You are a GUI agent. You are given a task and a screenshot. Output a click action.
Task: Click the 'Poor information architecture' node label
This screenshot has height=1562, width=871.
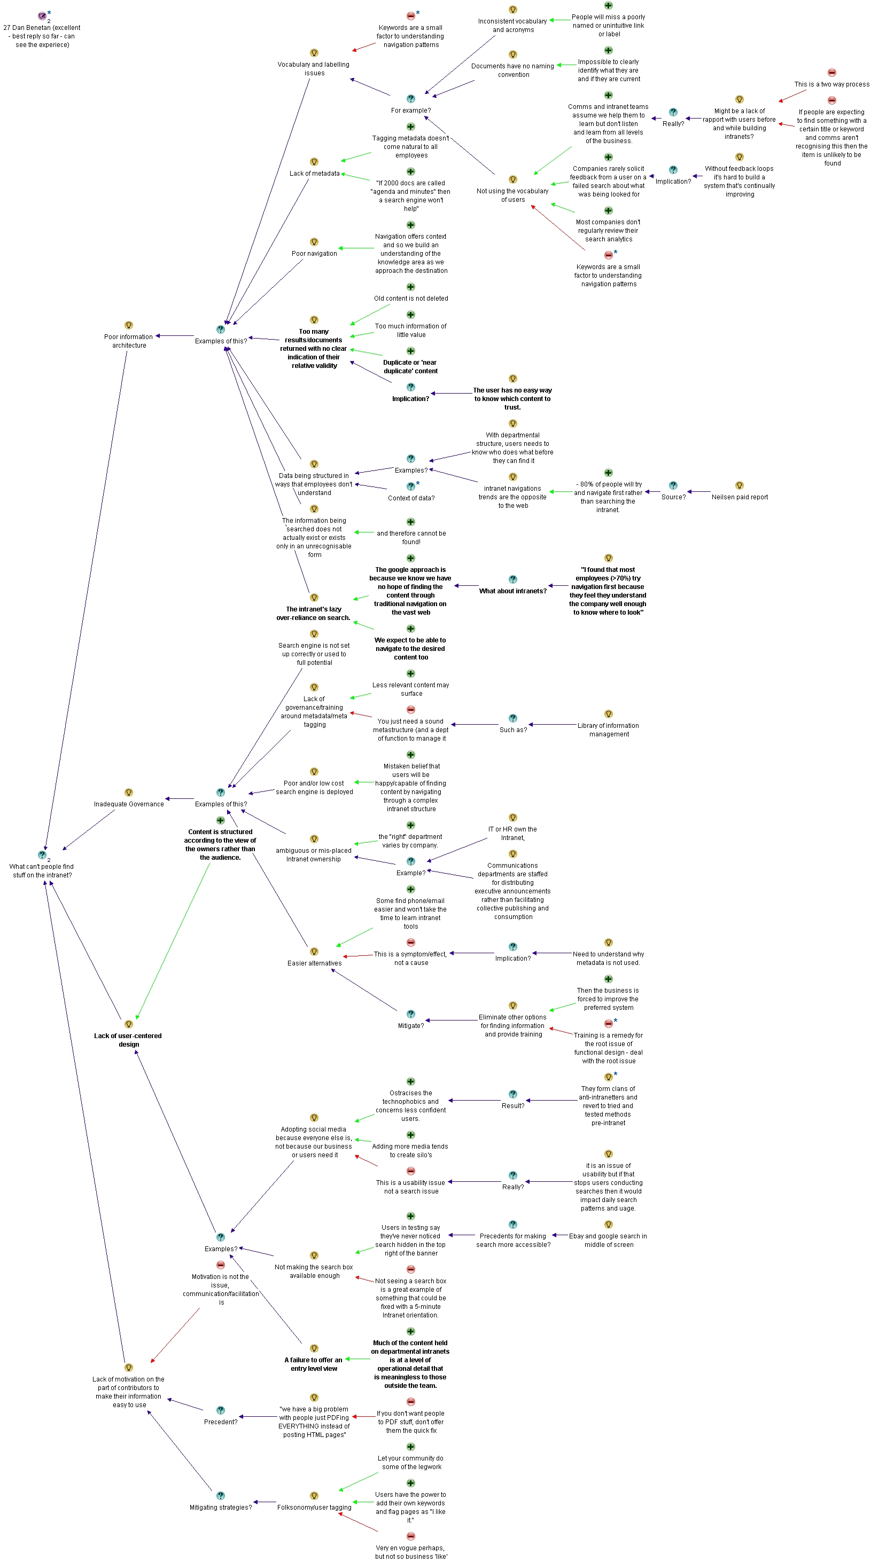point(129,341)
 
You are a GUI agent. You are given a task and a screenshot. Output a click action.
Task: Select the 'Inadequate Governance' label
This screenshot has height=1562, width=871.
point(129,804)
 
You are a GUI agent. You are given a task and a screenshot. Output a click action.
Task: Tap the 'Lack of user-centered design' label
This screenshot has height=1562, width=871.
point(128,1040)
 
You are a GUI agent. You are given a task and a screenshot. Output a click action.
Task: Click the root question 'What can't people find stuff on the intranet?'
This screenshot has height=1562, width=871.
point(42,871)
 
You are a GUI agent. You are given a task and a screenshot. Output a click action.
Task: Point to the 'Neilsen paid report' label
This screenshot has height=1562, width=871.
point(740,497)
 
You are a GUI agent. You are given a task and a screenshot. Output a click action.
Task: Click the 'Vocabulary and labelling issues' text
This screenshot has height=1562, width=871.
point(314,68)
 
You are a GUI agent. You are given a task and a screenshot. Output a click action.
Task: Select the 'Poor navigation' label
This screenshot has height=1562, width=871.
point(314,254)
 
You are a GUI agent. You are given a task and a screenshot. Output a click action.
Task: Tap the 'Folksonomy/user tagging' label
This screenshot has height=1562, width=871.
point(314,1508)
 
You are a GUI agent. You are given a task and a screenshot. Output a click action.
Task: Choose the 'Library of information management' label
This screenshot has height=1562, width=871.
point(609,729)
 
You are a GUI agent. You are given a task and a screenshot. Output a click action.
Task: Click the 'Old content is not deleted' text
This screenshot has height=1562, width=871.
point(410,299)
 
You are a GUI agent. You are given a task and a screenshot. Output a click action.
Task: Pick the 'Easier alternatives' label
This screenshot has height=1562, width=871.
point(314,963)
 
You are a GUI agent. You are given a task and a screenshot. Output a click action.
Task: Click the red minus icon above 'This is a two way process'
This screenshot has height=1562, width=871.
point(831,73)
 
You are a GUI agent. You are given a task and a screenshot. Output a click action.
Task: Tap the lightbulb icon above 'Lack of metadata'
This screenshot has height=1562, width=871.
point(314,162)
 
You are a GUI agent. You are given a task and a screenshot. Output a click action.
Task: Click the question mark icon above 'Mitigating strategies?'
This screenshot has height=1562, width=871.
point(221,1496)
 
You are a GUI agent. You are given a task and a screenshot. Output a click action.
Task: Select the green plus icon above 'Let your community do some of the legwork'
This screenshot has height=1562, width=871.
point(410,1447)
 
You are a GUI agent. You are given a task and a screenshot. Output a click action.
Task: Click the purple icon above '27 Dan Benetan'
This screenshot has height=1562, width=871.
point(42,17)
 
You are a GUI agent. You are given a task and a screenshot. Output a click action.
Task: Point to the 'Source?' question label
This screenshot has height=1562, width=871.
point(673,497)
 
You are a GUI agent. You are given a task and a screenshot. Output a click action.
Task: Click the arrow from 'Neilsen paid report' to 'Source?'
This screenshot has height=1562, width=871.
point(699,492)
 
